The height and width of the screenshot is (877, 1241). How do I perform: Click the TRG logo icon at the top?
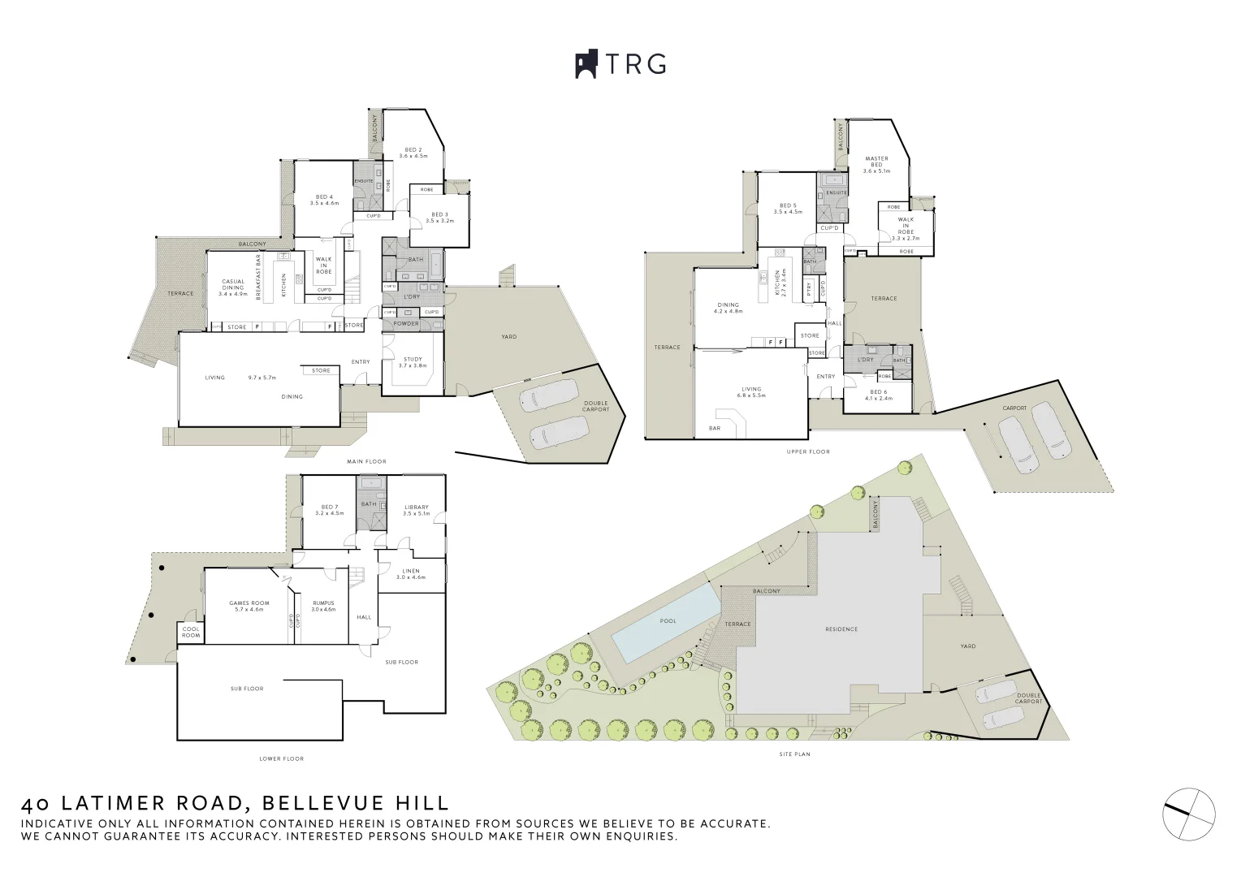[586, 64]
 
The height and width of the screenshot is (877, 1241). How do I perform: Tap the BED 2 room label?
[413, 150]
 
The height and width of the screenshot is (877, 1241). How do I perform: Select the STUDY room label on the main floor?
[413, 359]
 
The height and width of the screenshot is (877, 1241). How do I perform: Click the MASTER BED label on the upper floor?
[876, 162]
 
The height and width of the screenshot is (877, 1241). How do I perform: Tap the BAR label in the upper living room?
[715, 428]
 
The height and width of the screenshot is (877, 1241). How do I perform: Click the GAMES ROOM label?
[249, 603]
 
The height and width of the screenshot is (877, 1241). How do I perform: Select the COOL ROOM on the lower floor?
[191, 632]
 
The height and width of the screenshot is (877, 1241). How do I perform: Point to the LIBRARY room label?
[416, 508]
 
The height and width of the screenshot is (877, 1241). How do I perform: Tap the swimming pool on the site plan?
[667, 621]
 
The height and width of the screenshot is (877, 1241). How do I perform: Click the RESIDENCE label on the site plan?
[841, 629]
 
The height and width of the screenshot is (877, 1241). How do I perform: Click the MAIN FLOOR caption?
[366, 461]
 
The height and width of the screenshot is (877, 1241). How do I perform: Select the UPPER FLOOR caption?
[807, 451]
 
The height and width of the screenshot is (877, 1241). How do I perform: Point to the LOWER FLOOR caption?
[281, 758]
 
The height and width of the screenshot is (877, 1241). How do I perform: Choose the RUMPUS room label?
[323, 603]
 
